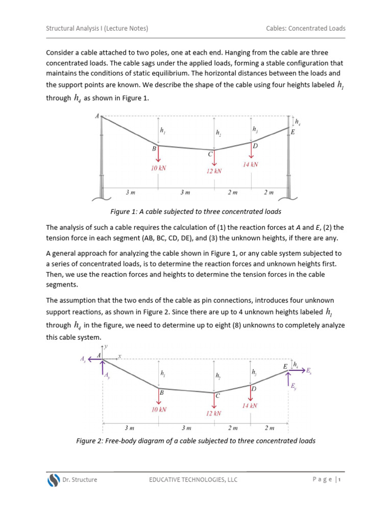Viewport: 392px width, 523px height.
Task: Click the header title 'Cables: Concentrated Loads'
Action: (x=305, y=29)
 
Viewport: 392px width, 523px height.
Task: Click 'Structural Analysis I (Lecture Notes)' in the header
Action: (x=97, y=29)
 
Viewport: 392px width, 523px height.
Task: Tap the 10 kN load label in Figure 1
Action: (x=158, y=168)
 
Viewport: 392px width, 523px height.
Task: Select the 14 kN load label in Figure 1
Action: (x=251, y=164)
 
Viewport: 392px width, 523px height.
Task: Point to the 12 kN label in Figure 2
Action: (x=214, y=413)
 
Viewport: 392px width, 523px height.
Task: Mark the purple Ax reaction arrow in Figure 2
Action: (x=94, y=359)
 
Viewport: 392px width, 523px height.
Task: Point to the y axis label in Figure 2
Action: (x=106, y=346)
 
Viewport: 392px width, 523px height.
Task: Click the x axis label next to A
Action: (x=119, y=355)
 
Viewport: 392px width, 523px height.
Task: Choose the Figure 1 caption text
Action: (x=196, y=211)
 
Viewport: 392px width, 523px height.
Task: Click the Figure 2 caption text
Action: (x=196, y=441)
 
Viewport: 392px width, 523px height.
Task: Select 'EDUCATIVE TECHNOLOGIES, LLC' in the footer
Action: (x=193, y=480)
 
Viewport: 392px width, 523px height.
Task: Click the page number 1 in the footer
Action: (x=339, y=479)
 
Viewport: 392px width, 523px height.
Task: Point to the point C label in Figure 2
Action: (x=217, y=395)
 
